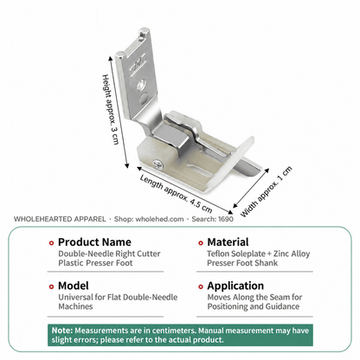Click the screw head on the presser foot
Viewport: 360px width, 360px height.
click(158, 164)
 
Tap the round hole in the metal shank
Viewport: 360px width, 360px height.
click(141, 85)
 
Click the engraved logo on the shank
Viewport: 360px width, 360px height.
click(138, 64)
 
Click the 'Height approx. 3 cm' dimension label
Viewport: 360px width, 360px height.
click(111, 109)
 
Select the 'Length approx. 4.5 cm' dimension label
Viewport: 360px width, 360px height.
click(176, 193)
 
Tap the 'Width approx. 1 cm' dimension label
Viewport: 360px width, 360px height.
click(267, 191)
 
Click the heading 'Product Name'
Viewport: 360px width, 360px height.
click(94, 241)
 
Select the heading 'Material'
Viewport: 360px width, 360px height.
click(228, 241)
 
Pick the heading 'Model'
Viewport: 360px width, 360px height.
click(74, 286)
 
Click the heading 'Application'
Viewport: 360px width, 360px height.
click(235, 286)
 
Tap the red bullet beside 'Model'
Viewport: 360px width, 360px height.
click(51, 286)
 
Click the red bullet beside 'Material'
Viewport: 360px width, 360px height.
click(201, 243)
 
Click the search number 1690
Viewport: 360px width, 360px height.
click(226, 219)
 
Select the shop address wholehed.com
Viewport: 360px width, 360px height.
click(159, 219)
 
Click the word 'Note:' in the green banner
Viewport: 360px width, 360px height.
click(62, 331)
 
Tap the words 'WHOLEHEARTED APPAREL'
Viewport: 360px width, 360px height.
click(60, 219)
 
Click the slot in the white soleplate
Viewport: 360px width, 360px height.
click(199, 170)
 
